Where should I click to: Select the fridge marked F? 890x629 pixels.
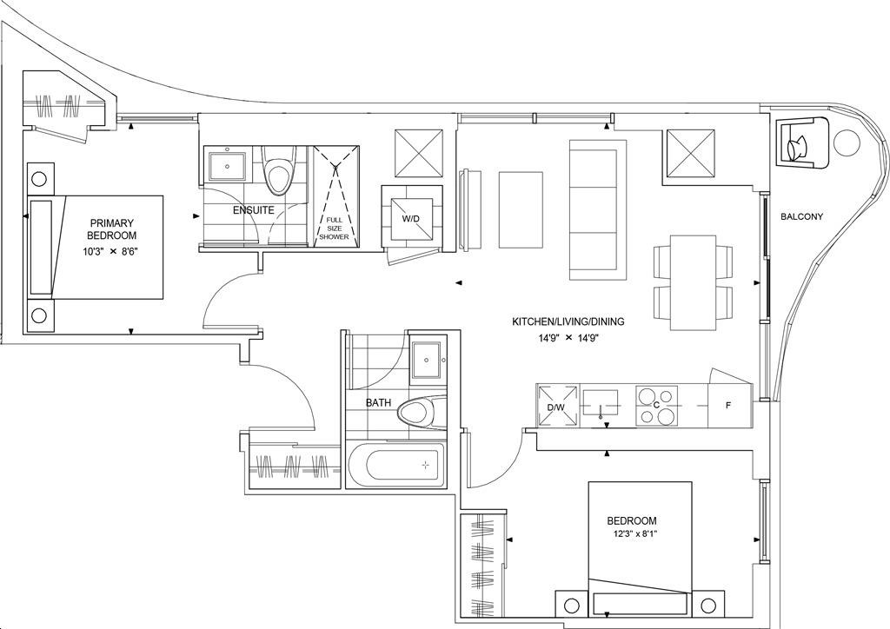pyautogui.click(x=728, y=406)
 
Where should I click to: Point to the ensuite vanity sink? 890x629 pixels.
pyautogui.click(x=228, y=164)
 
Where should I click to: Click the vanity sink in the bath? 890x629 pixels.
pyautogui.click(x=426, y=360)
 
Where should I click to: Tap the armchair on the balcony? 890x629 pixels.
pyautogui.click(x=798, y=142)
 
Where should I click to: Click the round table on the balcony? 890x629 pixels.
pyautogui.click(x=847, y=142)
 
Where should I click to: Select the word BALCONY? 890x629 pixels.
pyautogui.click(x=801, y=217)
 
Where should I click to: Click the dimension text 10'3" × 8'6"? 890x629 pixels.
pyautogui.click(x=111, y=252)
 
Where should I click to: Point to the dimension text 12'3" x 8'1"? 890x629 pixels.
pyautogui.click(x=632, y=534)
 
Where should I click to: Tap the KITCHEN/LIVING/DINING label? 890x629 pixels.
pyautogui.click(x=568, y=321)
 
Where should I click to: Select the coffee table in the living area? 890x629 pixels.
pyautogui.click(x=521, y=209)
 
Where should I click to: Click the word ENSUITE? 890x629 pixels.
pyautogui.click(x=253, y=210)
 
